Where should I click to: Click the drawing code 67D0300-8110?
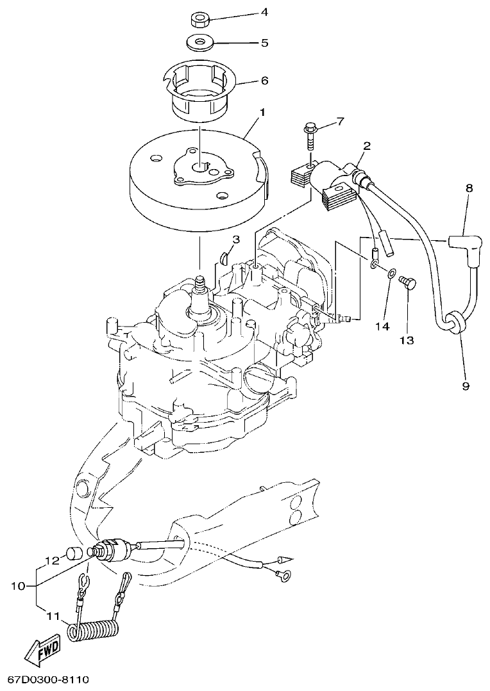pos(47,678)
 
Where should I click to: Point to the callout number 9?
pos(466,386)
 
